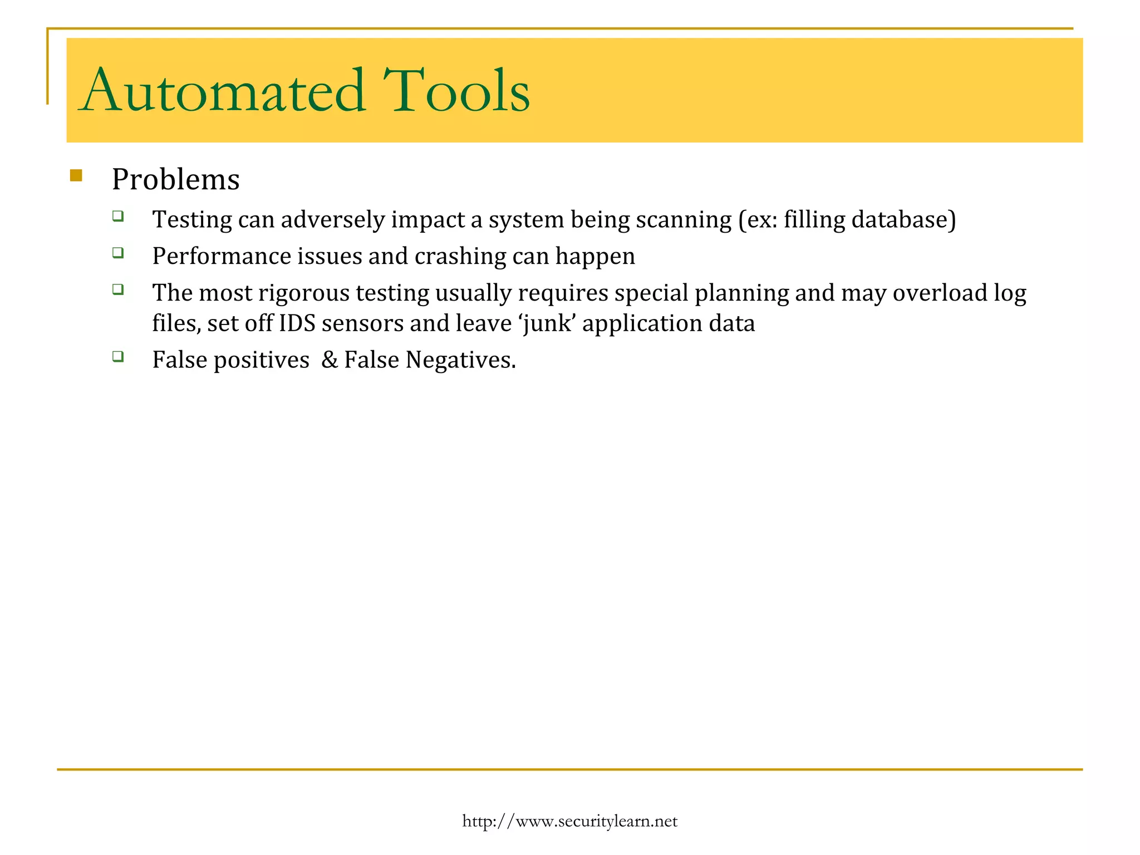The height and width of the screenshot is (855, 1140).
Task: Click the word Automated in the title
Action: pyautogui.click(x=223, y=90)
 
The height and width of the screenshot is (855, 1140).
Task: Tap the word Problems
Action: pyautogui.click(x=175, y=180)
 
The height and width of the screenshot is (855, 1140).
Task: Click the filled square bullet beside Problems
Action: pyautogui.click(x=76, y=176)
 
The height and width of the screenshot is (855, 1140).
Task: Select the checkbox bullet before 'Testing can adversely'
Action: pyautogui.click(x=117, y=216)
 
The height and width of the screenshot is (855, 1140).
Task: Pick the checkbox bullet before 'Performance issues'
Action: pyautogui.click(x=117, y=253)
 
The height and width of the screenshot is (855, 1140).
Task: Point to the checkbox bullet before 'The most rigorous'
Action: pyautogui.click(x=117, y=289)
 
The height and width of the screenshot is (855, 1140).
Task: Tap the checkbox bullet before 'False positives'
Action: pyautogui.click(x=117, y=356)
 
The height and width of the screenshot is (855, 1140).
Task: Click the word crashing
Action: pyautogui.click(x=460, y=257)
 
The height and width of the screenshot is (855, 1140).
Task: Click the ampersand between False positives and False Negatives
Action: pyautogui.click(x=330, y=360)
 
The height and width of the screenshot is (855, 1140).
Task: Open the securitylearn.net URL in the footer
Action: pyautogui.click(x=569, y=821)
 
